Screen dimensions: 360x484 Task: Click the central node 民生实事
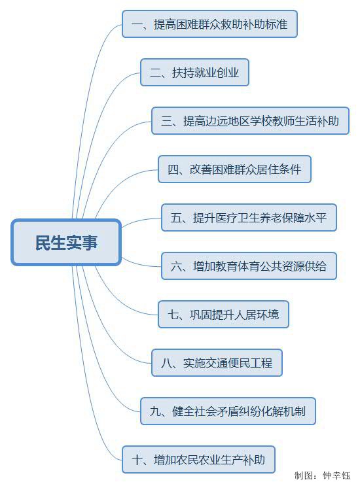[66, 242]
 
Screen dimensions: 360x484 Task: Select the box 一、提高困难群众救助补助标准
[209, 24]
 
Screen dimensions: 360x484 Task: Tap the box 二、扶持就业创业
[194, 73]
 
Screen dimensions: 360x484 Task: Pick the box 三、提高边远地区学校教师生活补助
[250, 121]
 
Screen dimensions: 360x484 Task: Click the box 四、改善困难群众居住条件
[234, 169]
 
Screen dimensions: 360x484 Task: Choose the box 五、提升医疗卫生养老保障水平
[249, 218]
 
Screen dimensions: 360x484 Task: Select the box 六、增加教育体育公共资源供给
[249, 266]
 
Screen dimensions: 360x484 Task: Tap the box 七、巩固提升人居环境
[223, 315]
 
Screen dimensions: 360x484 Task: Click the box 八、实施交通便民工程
[217, 363]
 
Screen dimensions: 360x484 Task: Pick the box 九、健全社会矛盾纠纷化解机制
[228, 411]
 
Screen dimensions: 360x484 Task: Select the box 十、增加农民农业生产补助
[198, 460]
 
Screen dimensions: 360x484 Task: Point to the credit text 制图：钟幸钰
[322, 475]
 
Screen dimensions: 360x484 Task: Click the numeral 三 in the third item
[166, 121]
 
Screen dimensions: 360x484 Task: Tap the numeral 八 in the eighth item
[166, 363]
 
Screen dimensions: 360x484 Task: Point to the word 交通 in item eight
[217, 363]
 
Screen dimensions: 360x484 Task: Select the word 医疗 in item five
[226, 218]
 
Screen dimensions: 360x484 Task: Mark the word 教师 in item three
[283, 121]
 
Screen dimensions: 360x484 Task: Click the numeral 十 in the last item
[137, 460]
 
